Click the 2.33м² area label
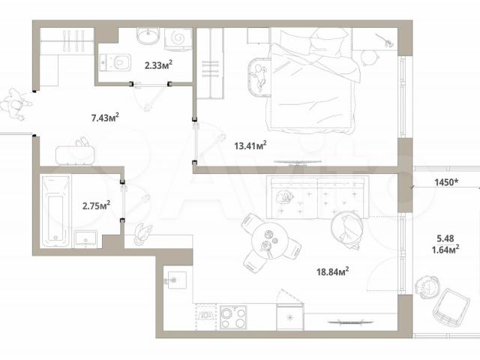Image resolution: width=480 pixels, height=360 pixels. (158, 64)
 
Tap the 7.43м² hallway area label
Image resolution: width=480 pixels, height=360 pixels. (105, 117)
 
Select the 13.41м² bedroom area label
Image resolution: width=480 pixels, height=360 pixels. (250, 145)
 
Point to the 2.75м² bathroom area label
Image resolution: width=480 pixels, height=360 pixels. (96, 205)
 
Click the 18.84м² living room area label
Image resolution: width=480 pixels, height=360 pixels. (333, 271)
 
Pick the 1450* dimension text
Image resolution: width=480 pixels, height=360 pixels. (446, 182)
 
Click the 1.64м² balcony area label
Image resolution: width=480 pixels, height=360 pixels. (445, 250)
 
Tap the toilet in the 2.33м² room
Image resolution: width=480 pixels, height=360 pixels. (115, 63)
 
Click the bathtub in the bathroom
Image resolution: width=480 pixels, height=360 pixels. (55, 211)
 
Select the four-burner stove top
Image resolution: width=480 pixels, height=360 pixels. (233, 317)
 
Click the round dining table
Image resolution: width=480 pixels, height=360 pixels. (269, 241)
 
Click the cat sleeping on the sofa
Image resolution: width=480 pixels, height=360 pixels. (284, 196)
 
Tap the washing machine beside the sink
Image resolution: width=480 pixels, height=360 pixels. (178, 38)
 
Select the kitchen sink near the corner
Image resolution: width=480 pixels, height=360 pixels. (175, 280)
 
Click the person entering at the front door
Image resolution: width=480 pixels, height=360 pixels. (15, 104)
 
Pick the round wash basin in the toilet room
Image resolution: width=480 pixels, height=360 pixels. (148, 36)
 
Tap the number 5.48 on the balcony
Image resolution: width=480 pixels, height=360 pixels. (445, 238)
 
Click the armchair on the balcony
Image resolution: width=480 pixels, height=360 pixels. (451, 306)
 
